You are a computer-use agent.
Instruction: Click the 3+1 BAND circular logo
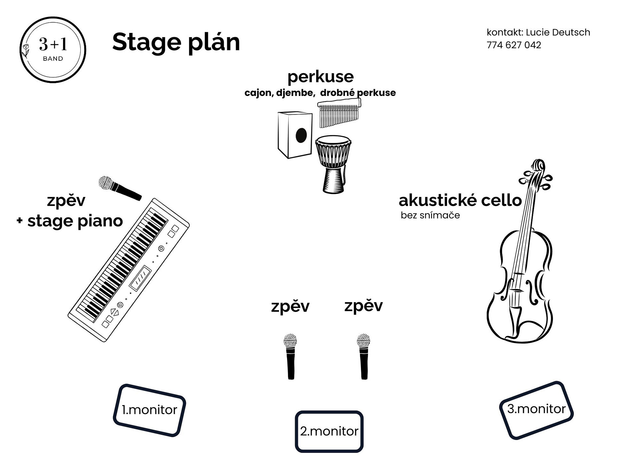tap(53, 50)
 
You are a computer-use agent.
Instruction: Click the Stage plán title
tap(176, 43)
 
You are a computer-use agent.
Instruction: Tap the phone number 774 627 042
tap(514, 45)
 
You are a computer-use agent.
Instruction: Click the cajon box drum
tap(295, 135)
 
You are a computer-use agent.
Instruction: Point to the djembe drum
tap(333, 163)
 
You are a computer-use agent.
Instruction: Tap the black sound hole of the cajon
tap(301, 135)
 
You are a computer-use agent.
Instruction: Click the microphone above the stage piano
tap(119, 188)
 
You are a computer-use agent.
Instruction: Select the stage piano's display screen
tap(140, 278)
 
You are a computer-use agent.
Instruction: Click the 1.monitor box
tap(149, 410)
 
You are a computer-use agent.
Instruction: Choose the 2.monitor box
tap(329, 431)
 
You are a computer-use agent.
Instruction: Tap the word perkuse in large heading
tap(320, 77)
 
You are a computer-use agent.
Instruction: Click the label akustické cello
tap(460, 201)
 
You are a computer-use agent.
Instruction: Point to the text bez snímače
tap(430, 216)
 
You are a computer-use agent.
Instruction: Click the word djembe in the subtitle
tap(295, 93)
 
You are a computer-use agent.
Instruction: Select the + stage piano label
tap(70, 221)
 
